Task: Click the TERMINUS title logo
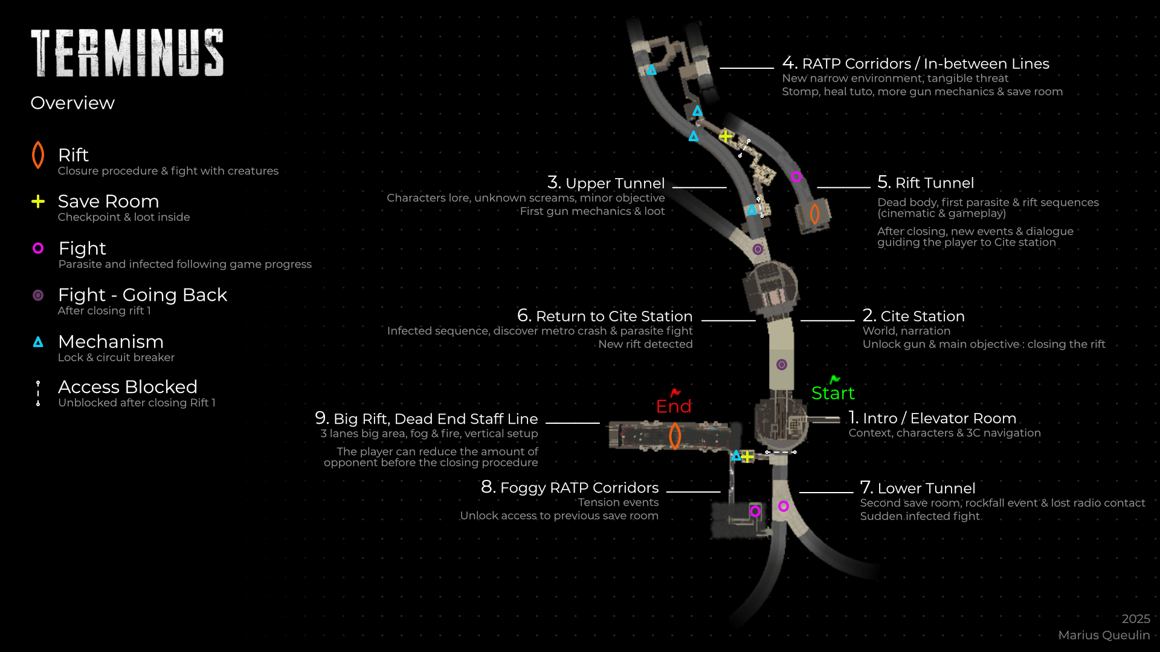pyautogui.click(x=127, y=53)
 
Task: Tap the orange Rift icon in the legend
pyautogui.click(x=38, y=155)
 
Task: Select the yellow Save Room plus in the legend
pyautogui.click(x=38, y=202)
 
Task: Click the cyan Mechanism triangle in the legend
pyautogui.click(x=38, y=342)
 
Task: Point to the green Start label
pyautogui.click(x=833, y=393)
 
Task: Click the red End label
pyautogui.click(x=674, y=406)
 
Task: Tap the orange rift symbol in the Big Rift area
pyautogui.click(x=675, y=436)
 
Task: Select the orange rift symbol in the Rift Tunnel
pyautogui.click(x=814, y=214)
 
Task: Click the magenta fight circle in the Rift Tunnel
pyautogui.click(x=796, y=177)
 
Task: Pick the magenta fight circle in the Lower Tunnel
pyautogui.click(x=784, y=506)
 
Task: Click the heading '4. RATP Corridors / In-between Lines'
pyautogui.click(x=915, y=63)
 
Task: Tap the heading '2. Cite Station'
pyautogui.click(x=913, y=316)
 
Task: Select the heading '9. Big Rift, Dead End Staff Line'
pyautogui.click(x=426, y=418)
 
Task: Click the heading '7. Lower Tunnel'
pyautogui.click(x=918, y=488)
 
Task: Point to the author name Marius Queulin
pyautogui.click(x=1104, y=635)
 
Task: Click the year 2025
pyautogui.click(x=1136, y=619)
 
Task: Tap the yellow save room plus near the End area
pyautogui.click(x=748, y=456)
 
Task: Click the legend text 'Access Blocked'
pyautogui.click(x=127, y=387)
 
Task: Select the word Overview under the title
pyautogui.click(x=72, y=103)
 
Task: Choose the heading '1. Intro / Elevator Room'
pyautogui.click(x=932, y=418)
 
